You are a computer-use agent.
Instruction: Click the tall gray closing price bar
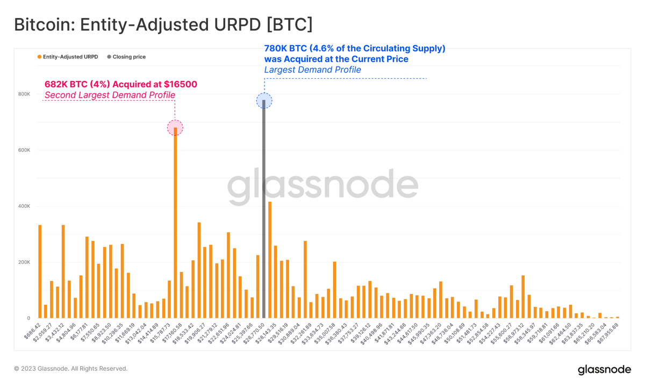click(x=264, y=215)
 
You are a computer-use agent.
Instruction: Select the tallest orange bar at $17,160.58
click(x=175, y=225)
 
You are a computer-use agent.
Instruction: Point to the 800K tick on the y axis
click(x=24, y=94)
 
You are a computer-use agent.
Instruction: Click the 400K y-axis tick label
click(x=24, y=207)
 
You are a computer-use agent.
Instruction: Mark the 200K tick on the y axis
click(x=24, y=262)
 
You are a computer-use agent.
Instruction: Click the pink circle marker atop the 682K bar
click(x=175, y=128)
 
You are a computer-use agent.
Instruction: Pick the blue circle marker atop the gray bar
click(x=264, y=100)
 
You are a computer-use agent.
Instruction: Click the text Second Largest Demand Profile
click(x=110, y=96)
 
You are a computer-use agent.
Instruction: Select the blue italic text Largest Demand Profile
click(x=312, y=70)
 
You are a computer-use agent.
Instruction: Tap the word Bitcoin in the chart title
click(x=40, y=25)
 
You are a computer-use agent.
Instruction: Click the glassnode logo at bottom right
click(x=604, y=370)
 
